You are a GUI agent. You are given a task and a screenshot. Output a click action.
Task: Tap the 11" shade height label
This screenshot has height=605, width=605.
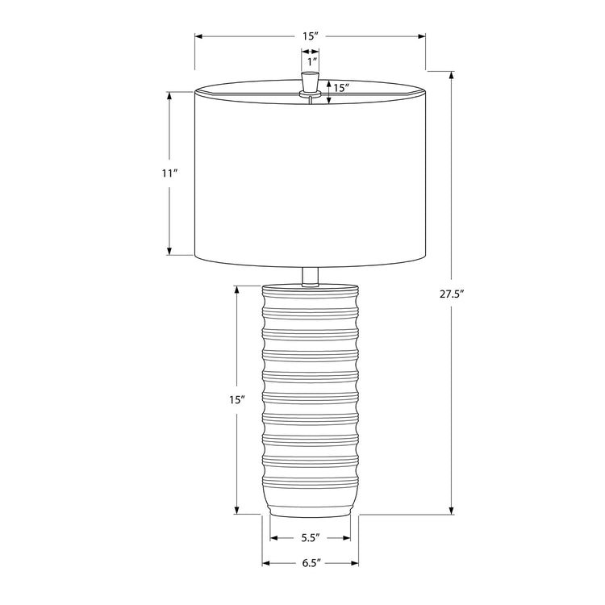pyautogui.click(x=169, y=173)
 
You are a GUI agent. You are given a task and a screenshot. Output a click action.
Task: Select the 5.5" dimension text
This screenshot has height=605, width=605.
pyautogui.click(x=311, y=537)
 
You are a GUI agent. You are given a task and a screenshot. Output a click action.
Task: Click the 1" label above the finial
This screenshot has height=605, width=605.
pyautogui.click(x=311, y=60)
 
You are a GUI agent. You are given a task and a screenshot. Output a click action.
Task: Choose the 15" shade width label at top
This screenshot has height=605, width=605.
pyautogui.click(x=311, y=36)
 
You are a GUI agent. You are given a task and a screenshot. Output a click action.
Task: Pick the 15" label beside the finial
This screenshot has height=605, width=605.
pyautogui.click(x=340, y=88)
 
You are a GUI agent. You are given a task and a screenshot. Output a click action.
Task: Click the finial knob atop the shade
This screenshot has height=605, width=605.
pyautogui.click(x=310, y=83)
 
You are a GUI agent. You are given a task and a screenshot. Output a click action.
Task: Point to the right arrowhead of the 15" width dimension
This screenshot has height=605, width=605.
pyautogui.click(x=422, y=36)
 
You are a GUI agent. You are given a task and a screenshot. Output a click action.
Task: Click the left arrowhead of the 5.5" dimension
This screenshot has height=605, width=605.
pyautogui.click(x=273, y=537)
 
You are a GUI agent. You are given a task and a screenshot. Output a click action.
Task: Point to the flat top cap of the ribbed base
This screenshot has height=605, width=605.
pyautogui.click(x=310, y=286)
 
